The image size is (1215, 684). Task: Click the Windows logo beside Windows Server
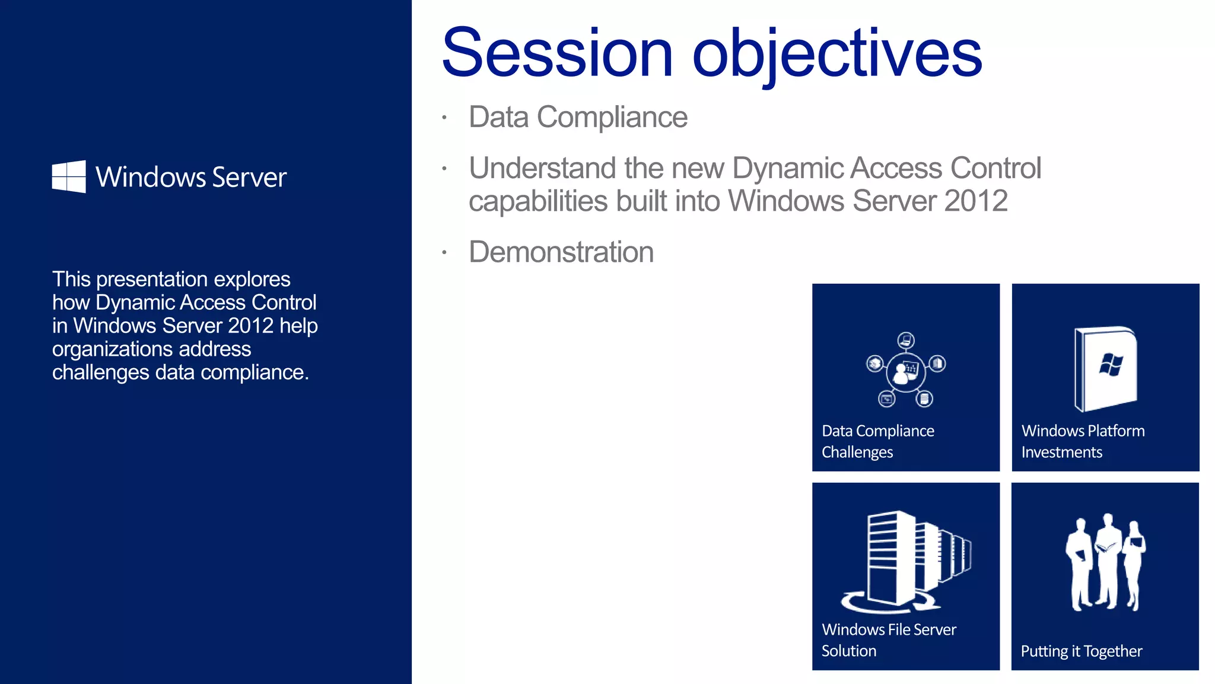pos(69,176)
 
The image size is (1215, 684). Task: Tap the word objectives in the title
pos(837,55)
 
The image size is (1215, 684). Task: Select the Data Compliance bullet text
pos(578,117)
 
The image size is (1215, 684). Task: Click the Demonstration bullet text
pos(561,252)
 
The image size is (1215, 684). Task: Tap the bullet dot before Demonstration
pos(444,253)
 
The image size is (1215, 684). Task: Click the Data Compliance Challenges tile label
pos(877,441)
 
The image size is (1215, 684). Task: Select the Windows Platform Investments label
pos(1083,441)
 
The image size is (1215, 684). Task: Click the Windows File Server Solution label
pos(888,640)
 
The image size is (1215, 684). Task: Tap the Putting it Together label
pos(1081,651)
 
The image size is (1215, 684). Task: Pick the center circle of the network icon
pos(905,372)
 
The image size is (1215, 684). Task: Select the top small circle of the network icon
pos(905,340)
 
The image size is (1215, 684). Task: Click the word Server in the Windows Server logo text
pos(249,178)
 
